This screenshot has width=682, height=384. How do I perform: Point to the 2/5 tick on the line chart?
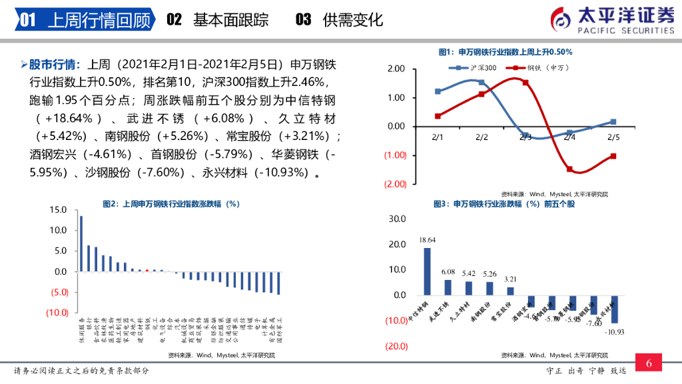[613, 137]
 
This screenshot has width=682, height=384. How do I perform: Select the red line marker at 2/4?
[569, 169]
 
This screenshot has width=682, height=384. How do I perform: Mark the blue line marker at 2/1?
[438, 91]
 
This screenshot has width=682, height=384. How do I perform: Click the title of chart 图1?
[506, 52]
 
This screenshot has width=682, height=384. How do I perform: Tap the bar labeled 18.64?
[428, 271]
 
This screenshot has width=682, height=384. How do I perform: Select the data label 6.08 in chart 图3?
[448, 272]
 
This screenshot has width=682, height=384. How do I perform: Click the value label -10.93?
[615, 331]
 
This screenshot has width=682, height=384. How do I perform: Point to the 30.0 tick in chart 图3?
[397, 219]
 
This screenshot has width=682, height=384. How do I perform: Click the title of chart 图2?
[170, 204]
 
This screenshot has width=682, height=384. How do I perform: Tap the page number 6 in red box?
[649, 364]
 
